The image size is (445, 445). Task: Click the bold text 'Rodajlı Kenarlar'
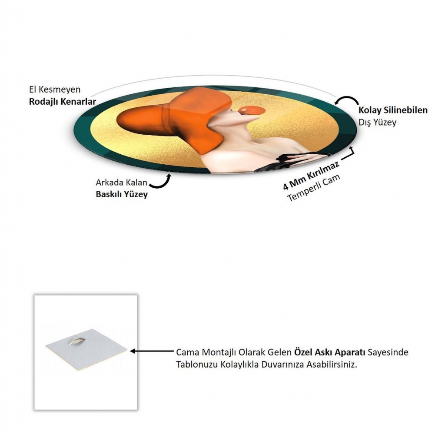[63, 102]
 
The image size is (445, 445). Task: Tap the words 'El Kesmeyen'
[55, 90]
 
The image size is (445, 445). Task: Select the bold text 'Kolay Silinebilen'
[393, 110]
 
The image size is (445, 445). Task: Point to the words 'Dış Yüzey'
[378, 122]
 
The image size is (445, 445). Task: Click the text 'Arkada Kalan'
[122, 182]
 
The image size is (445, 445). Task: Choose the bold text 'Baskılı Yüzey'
[122, 194]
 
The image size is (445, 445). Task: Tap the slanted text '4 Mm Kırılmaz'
[311, 176]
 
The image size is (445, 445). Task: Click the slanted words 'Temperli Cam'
[314, 188]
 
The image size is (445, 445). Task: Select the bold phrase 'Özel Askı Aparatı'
[329, 352]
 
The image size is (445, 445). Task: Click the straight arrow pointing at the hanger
[152, 351]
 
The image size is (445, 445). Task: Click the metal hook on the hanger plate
[76, 339]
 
